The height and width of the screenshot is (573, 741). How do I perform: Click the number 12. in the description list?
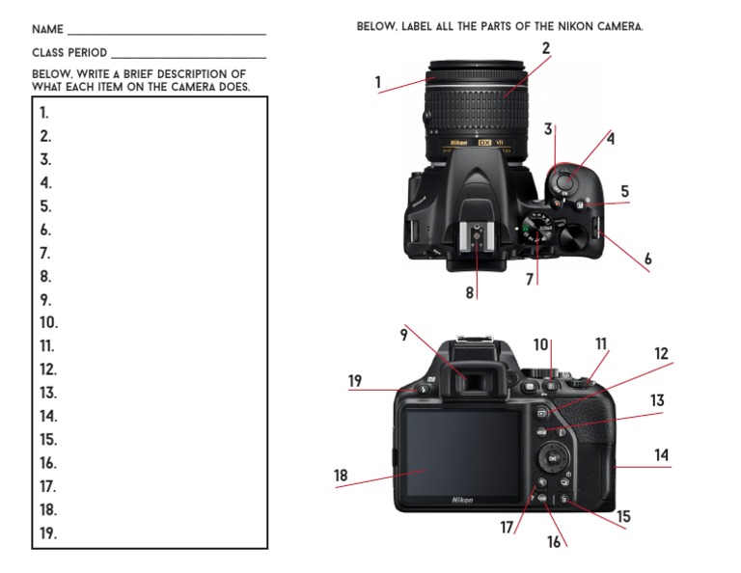tap(48, 369)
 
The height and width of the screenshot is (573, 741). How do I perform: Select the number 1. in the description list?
tap(44, 113)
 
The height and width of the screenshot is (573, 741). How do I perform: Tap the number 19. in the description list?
tap(48, 533)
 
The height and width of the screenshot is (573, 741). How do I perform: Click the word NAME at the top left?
tap(47, 30)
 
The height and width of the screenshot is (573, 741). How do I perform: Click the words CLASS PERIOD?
tap(69, 53)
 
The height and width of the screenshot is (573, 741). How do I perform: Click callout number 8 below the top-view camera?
tap(470, 292)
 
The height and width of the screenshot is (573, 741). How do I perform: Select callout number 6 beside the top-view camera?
tap(647, 259)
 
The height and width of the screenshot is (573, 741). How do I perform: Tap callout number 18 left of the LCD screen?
tap(341, 476)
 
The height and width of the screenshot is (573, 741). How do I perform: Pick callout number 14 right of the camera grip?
tap(661, 454)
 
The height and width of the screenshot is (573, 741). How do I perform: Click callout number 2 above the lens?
tap(545, 48)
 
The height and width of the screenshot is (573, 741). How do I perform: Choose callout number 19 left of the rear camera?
tap(355, 381)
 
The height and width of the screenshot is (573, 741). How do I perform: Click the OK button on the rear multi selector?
tap(552, 458)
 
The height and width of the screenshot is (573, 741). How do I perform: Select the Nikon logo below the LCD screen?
tap(462, 500)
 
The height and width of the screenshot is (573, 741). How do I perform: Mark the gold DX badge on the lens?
tap(485, 144)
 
